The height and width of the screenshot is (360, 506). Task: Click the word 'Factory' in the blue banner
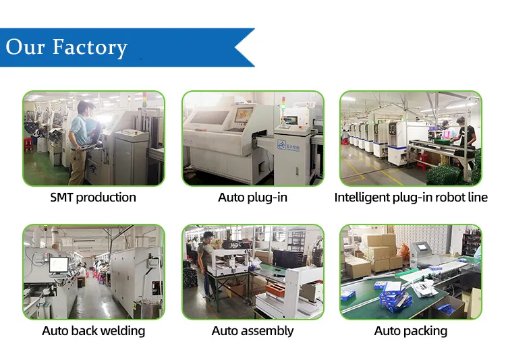pyautogui.click(x=90, y=47)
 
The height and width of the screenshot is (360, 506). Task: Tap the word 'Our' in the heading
pyautogui.click(x=26, y=47)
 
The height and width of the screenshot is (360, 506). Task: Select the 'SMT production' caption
pyautogui.click(x=93, y=198)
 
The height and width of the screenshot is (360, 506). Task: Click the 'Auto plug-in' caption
pyautogui.click(x=252, y=198)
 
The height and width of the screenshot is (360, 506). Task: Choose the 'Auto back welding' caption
pyautogui.click(x=93, y=331)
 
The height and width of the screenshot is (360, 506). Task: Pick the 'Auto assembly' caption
pyautogui.click(x=252, y=331)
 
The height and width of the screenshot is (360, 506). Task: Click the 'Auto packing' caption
pyautogui.click(x=410, y=331)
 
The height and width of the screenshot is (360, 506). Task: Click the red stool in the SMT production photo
pyautogui.click(x=28, y=144)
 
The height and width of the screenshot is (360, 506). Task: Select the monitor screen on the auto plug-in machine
pyautogui.click(x=243, y=115)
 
